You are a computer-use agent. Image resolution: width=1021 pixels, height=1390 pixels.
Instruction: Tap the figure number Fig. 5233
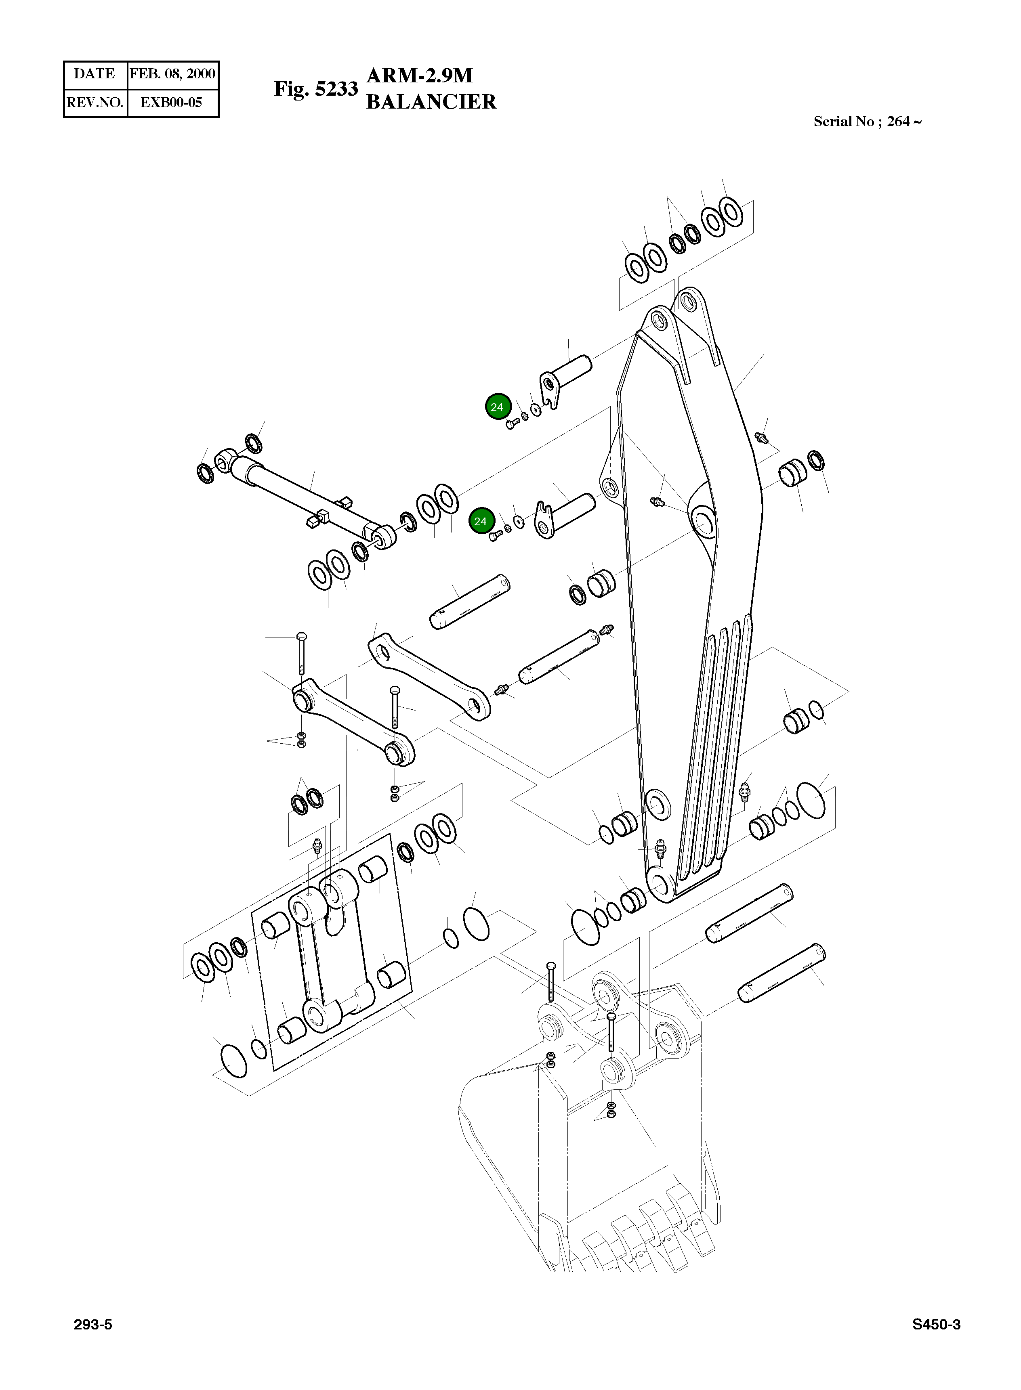coord(316,89)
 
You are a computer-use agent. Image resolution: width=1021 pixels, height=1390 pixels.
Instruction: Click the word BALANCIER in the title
coord(431,102)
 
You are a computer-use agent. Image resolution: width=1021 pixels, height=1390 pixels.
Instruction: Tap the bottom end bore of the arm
coord(660,883)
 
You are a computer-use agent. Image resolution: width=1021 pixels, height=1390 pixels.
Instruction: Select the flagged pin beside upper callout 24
coord(569,376)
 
